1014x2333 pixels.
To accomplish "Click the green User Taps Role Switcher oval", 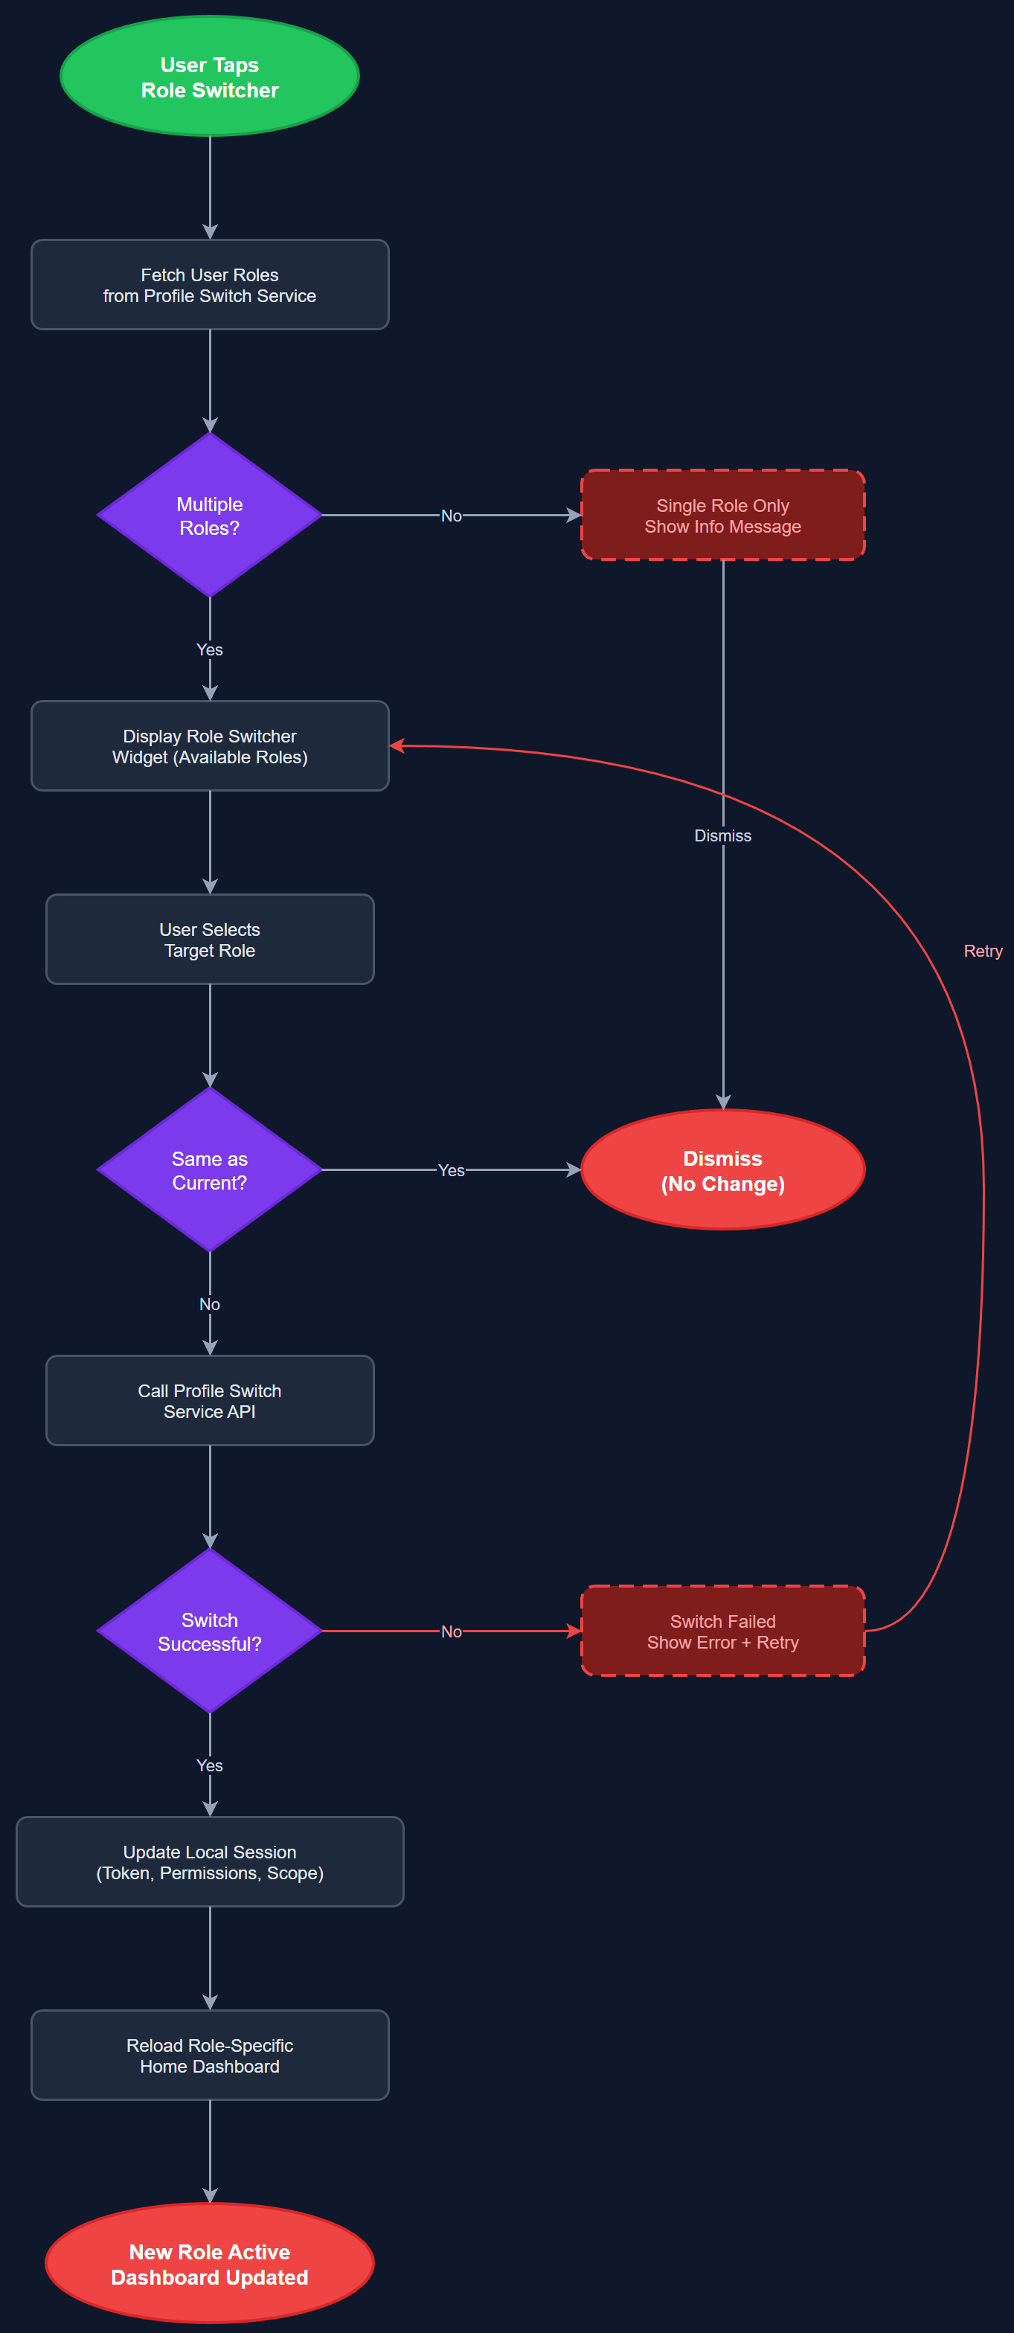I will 209,77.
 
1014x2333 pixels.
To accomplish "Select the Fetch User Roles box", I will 209,284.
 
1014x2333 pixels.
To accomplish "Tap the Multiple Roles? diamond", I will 209,516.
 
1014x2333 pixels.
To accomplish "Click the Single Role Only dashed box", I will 722,516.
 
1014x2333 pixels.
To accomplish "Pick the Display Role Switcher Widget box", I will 209,745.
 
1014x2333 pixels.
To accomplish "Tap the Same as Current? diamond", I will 209,1169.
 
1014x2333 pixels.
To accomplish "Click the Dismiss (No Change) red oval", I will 722,1169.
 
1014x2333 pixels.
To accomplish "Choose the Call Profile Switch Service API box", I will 209,1400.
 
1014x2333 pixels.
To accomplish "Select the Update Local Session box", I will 209,1861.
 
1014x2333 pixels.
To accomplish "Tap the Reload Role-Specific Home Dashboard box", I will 209,2055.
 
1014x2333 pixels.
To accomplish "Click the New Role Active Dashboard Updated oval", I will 209,2263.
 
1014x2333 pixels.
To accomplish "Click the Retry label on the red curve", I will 982,951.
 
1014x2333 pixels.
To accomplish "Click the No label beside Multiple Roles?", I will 451,516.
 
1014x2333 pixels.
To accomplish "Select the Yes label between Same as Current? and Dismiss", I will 451,1170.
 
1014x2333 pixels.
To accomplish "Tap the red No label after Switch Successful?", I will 451,1631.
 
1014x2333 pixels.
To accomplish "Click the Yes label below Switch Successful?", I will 209,1765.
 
